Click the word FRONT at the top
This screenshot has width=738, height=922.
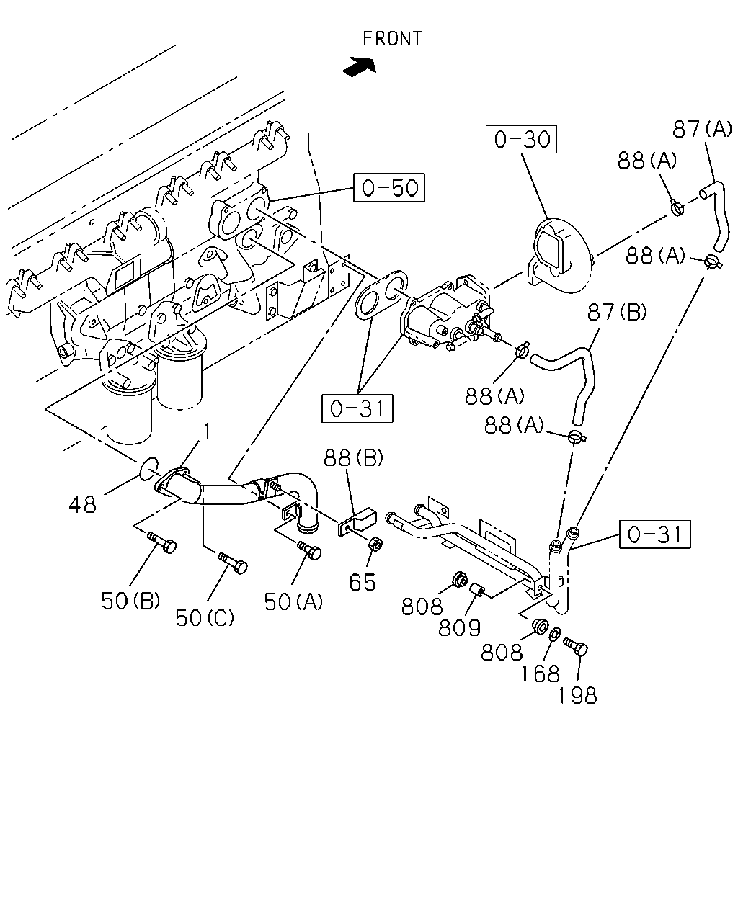pos(392,39)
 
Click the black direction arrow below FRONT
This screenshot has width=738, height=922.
pos(360,67)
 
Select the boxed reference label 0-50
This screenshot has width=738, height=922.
pos(389,187)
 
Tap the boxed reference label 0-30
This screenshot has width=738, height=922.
pos(521,139)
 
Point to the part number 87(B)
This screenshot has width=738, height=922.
pos(617,312)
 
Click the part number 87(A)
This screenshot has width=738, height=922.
pos(702,129)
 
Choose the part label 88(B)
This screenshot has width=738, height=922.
pos(353,457)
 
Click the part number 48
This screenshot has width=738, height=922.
pos(82,504)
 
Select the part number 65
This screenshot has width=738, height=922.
pos(363,583)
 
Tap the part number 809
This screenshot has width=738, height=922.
pos(459,628)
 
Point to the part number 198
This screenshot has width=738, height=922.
pos(577,695)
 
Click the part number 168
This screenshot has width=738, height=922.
pos(540,674)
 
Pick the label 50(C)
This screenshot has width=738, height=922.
pos(205,618)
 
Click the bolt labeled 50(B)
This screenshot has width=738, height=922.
pos(162,542)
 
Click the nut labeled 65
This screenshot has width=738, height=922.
pos(375,545)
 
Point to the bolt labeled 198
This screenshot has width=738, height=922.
pos(576,647)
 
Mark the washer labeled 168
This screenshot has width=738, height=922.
pos(554,634)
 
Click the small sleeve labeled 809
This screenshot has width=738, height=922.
pos(478,591)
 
